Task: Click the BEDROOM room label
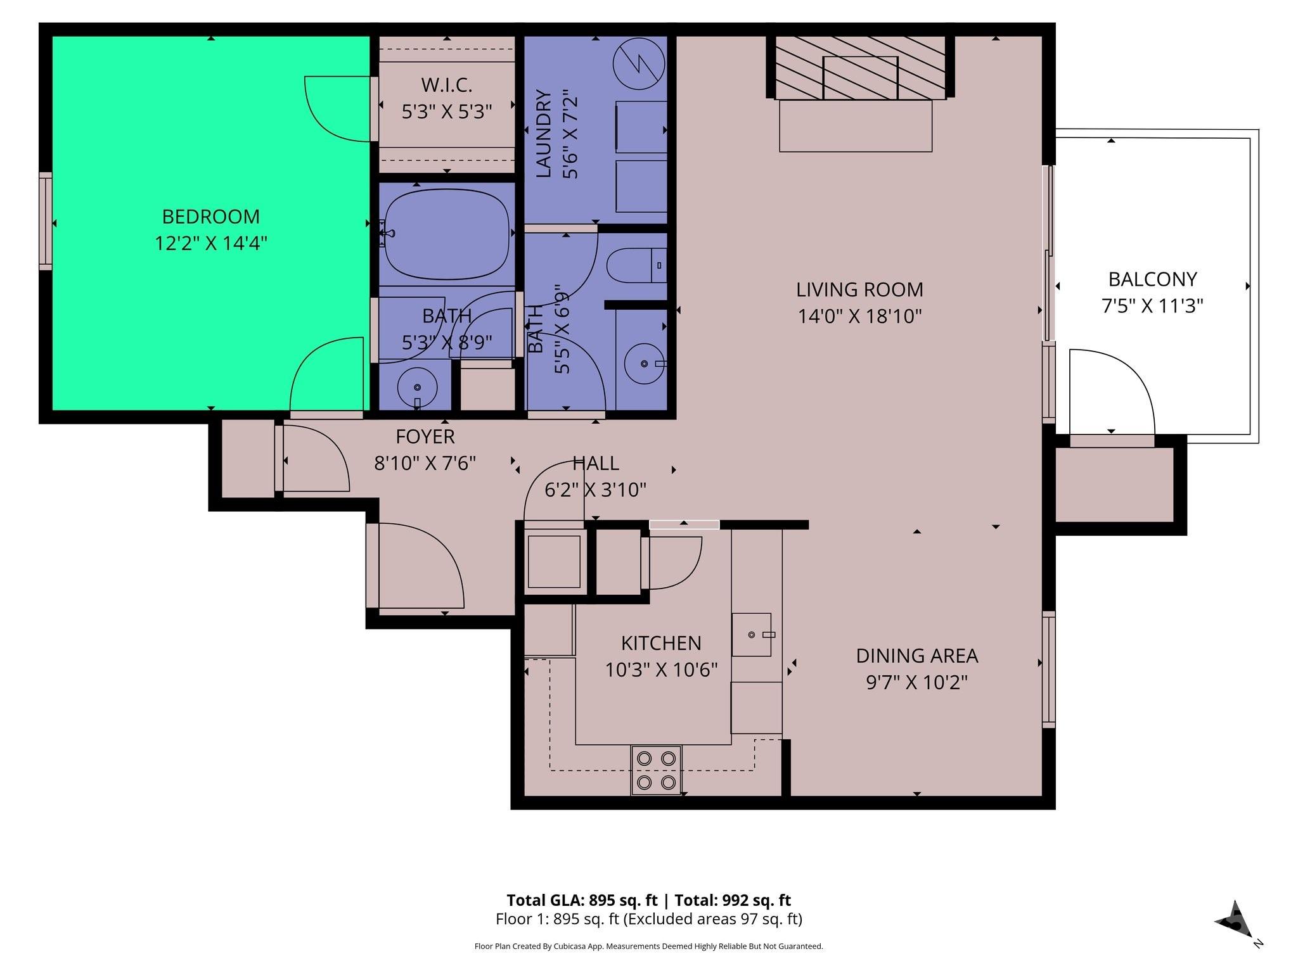210,217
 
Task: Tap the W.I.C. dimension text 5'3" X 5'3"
447,112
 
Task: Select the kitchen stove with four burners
656,770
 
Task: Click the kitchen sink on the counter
752,634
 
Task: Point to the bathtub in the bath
447,234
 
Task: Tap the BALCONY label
1152,279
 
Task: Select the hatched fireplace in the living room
860,67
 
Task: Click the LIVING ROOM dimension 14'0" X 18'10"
859,316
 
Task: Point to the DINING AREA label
916,656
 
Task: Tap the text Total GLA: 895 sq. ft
581,900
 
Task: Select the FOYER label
425,436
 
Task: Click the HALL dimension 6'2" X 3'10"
594,490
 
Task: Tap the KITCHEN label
660,643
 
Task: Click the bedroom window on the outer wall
45,220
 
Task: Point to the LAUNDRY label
543,133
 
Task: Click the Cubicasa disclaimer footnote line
648,946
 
